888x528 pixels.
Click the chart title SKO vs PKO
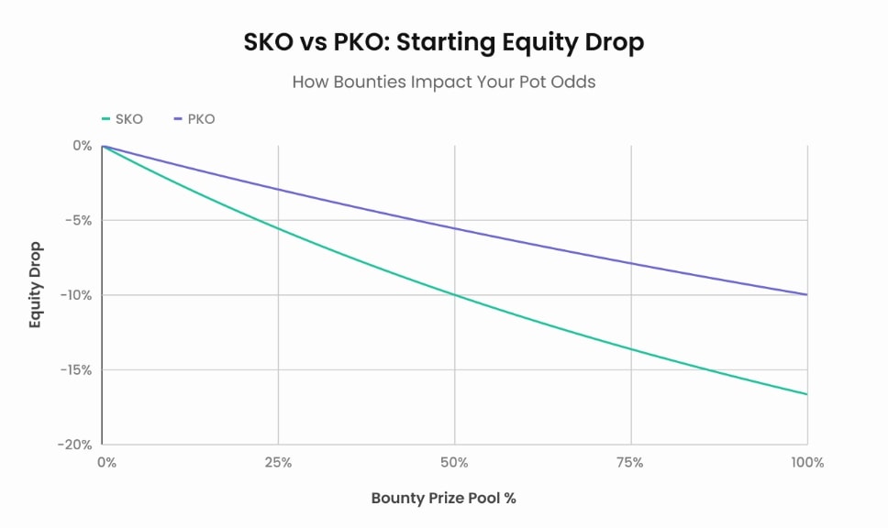point(444,42)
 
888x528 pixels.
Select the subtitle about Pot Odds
point(444,82)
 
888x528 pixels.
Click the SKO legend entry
point(122,119)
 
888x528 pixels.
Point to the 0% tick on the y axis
point(83,145)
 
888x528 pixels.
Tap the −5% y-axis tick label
point(79,220)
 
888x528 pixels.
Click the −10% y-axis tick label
point(76,295)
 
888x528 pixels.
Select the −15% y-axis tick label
point(76,370)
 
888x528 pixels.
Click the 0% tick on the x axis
point(106,463)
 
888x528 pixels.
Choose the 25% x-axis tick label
point(278,463)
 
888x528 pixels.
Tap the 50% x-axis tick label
point(455,463)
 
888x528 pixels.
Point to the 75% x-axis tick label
point(631,463)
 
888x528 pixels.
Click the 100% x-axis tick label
point(807,463)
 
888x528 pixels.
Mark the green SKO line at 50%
point(455,295)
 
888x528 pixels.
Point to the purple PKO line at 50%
point(455,228)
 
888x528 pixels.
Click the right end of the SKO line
point(807,394)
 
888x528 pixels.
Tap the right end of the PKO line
point(807,294)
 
